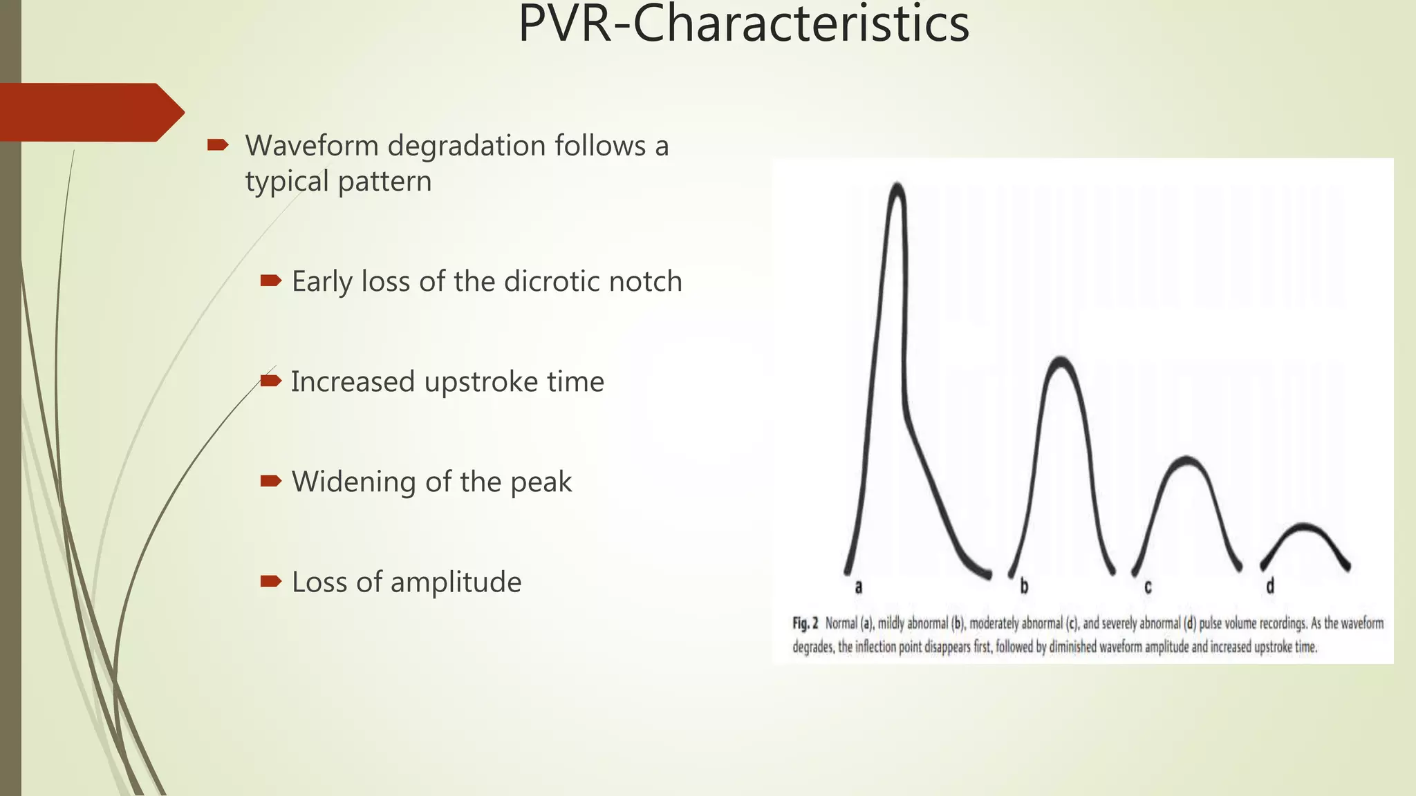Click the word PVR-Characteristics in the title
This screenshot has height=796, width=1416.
click(x=743, y=24)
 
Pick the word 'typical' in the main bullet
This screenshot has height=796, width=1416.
click(x=287, y=182)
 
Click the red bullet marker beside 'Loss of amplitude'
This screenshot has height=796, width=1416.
click(x=270, y=581)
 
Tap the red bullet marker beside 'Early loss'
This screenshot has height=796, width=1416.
click(x=270, y=281)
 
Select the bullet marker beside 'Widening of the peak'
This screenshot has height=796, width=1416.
click(x=270, y=481)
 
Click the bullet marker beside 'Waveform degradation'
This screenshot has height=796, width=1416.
click(x=218, y=144)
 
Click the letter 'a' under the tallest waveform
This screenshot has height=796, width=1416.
click(x=859, y=587)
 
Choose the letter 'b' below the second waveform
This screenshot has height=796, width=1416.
click(x=1024, y=587)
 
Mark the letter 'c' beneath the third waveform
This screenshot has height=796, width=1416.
click(x=1148, y=587)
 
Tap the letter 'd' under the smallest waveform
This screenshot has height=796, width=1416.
click(x=1270, y=587)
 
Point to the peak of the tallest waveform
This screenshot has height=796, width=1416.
click(x=897, y=185)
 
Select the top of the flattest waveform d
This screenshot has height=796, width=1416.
click(x=1304, y=527)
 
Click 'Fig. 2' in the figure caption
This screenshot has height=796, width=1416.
click(x=805, y=623)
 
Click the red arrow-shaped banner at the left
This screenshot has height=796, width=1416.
click(x=90, y=112)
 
